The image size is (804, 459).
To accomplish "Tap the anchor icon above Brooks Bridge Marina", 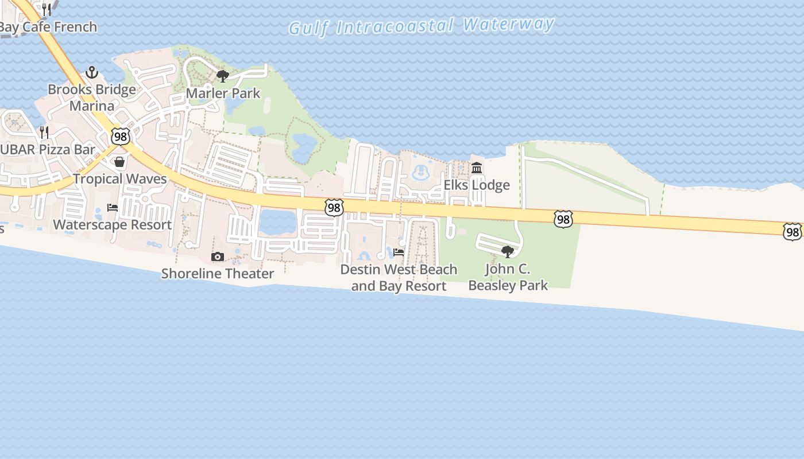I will pos(91,73).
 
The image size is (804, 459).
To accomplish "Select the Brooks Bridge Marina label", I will pos(92,98).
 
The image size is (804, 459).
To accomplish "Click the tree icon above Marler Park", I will pos(223,76).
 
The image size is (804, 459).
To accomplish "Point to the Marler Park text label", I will pos(223,93).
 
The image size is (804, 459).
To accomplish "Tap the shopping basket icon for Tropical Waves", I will pos(119,162).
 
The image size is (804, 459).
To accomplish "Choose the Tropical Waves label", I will pos(120,178).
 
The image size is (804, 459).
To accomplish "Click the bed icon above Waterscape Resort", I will pos(113,208).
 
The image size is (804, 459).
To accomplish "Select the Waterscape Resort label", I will pos(113,224).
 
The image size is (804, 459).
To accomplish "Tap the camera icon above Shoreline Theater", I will pos(218,256).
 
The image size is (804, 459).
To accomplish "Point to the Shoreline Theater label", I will pos(218,273).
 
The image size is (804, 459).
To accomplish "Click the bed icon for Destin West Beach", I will pos(399,252).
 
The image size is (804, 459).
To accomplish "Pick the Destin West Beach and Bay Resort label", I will pos(399,277).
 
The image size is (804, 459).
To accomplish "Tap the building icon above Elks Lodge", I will pos(477,168).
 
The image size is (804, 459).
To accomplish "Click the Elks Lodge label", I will pos(477,185).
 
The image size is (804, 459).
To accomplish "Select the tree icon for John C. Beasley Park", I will pos(507,251).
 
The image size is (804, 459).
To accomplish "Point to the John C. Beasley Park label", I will pos(508,277).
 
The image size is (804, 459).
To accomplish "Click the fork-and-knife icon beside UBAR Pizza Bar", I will pos(44,133).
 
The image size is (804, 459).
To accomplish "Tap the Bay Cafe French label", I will pos(48,27).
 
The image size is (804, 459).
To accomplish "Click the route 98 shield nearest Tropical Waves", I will pos(121,137).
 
